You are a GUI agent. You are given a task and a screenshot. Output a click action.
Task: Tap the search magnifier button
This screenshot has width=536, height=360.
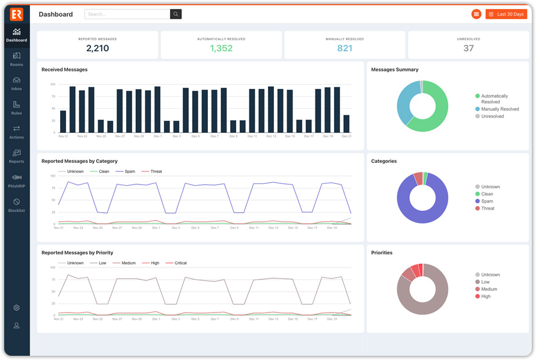[x=175, y=14]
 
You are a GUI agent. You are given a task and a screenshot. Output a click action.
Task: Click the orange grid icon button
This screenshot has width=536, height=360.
[x=477, y=14]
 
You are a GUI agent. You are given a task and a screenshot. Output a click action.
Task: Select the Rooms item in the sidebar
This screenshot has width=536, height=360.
[x=16, y=59]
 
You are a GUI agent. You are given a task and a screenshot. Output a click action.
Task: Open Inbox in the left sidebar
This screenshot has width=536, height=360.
[x=16, y=84]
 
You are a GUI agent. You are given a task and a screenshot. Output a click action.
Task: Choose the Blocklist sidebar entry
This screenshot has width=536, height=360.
[x=16, y=206]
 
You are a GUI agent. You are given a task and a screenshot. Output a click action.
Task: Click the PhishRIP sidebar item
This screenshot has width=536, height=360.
[x=16, y=180]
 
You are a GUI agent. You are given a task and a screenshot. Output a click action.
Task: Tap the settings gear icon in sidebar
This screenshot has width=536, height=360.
[x=17, y=308]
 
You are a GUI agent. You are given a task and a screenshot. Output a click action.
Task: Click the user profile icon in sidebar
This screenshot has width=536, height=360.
[x=17, y=326]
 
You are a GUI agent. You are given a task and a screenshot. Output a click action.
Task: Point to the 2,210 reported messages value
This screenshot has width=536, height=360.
[x=97, y=49]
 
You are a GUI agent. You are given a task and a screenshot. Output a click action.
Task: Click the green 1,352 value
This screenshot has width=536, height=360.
[x=221, y=49]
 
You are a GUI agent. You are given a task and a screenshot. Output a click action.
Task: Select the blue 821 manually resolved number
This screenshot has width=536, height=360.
[x=344, y=49]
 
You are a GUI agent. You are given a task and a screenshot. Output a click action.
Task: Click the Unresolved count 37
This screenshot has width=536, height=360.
[x=468, y=49]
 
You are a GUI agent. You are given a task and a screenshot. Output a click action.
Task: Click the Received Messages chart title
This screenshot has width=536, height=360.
[x=64, y=70]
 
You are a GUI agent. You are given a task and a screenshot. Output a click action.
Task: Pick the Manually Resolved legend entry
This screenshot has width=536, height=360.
[x=499, y=109]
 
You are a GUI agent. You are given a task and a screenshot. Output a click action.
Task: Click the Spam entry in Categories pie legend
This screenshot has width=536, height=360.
[x=487, y=201]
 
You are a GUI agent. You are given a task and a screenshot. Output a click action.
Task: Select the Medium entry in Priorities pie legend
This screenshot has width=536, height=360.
[x=489, y=289]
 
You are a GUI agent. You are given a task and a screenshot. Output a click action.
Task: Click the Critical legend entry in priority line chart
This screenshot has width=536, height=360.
[x=180, y=263]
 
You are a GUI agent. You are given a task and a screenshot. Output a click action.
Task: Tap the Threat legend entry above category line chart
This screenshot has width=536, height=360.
[x=156, y=172]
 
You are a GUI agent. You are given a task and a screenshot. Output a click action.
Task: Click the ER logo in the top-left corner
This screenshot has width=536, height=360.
[x=16, y=14]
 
